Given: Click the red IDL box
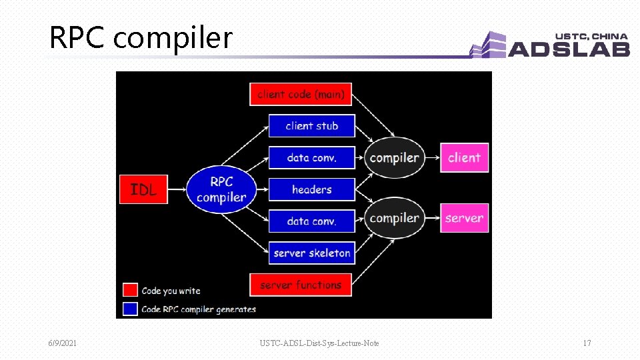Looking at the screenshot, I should pyautogui.click(x=143, y=189).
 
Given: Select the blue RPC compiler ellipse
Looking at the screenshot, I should pyautogui.click(x=221, y=189).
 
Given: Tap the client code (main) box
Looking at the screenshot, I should pyautogui.click(x=301, y=94).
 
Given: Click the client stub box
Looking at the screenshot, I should pyautogui.click(x=311, y=126).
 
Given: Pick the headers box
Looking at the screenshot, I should pyautogui.click(x=311, y=189).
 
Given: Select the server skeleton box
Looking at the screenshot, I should pyautogui.click(x=311, y=253).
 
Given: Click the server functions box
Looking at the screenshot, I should pyautogui.click(x=301, y=285).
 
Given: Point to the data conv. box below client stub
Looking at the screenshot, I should pyautogui.click(x=311, y=158).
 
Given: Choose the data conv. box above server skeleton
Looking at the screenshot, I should pyautogui.click(x=311, y=221).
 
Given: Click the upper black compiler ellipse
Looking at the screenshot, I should pyautogui.click(x=395, y=158).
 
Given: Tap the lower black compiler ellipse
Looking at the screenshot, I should pyautogui.click(x=395, y=218).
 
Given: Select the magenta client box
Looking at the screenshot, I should pyautogui.click(x=464, y=158).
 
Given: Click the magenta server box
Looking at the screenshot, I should pyautogui.click(x=464, y=218).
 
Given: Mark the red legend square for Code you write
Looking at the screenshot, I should pyautogui.click(x=131, y=290).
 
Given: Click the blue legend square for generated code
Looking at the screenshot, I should pyautogui.click(x=131, y=309).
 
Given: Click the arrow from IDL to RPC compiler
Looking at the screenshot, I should pyautogui.click(x=177, y=189).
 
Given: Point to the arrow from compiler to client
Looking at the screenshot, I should pyautogui.click(x=432, y=158).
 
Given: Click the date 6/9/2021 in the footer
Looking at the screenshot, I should pyautogui.click(x=62, y=343).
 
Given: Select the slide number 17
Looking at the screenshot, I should pyautogui.click(x=587, y=343).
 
